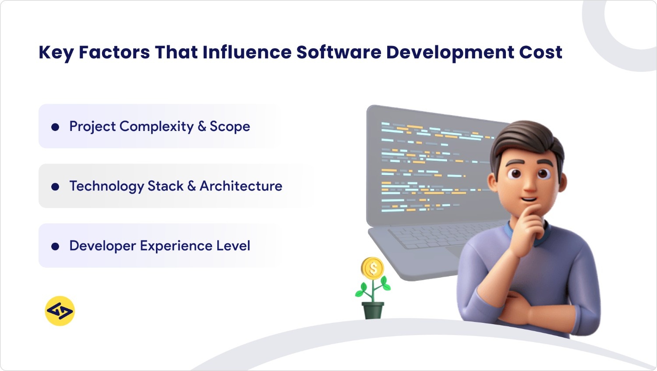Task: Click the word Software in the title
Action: coord(339,52)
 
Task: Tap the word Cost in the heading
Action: coord(540,52)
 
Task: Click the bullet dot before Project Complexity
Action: coord(55,127)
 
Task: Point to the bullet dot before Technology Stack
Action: coord(55,187)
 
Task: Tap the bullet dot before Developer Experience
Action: coord(55,246)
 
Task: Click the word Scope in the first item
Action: coord(230,127)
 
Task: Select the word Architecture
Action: coord(241,186)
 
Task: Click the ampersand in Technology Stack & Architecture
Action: coord(191,186)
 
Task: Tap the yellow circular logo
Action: coord(60,311)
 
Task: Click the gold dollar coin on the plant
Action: coord(373,268)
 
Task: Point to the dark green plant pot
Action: coord(373,310)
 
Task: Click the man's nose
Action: coord(529,184)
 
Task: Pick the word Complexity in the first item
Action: coord(156,127)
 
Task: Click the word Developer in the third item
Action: coord(102,246)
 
